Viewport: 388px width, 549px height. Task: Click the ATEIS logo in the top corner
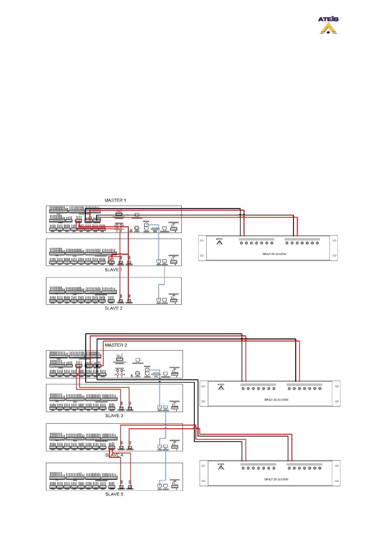coord(328,25)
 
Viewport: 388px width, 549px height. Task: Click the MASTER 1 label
coord(115,200)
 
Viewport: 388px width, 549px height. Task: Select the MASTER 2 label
coord(116,345)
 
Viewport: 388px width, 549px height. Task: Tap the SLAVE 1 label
coord(113,270)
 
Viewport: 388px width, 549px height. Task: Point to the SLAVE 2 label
coord(113,308)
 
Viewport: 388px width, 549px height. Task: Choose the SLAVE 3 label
coord(114,416)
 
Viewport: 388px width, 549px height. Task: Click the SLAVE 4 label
coord(114,455)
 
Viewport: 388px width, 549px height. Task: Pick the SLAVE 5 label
coord(114,494)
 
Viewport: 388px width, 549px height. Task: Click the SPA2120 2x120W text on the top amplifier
coord(274,254)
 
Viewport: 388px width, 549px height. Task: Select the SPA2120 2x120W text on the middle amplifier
coord(276,400)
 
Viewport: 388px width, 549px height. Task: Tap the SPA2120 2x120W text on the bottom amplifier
coord(276,479)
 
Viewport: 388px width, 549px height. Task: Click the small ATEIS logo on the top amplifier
coord(219,241)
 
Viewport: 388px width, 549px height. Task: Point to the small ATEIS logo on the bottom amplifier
coord(221,467)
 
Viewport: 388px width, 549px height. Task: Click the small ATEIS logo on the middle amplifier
coord(221,387)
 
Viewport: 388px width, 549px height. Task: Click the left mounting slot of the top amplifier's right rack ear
coord(334,241)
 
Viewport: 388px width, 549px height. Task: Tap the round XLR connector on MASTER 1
coord(137,229)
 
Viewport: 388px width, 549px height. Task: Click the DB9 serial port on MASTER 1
coord(155,229)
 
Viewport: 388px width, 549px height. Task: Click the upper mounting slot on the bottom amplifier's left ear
coord(203,466)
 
